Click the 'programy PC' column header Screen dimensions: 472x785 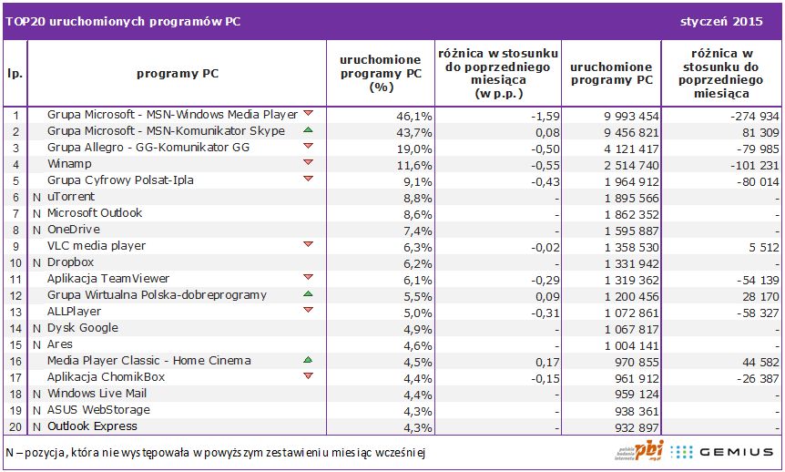(x=177, y=73)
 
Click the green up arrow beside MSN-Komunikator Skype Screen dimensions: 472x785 (x=308, y=131)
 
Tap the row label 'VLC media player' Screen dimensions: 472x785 (x=97, y=246)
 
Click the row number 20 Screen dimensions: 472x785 (x=16, y=426)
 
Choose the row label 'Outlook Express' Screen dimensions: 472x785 (x=92, y=426)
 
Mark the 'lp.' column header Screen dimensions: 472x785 (x=16, y=73)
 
